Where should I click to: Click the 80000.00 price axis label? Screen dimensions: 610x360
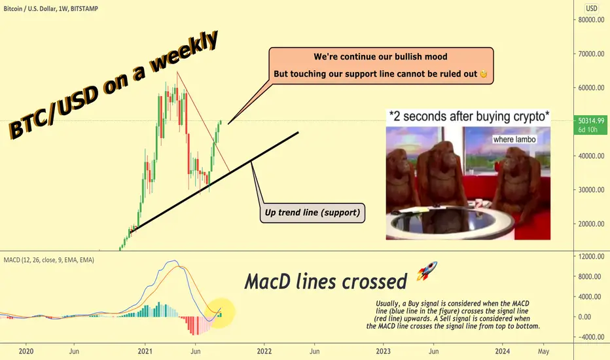pyautogui.click(x=591, y=20)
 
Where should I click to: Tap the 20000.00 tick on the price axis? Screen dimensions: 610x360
pyautogui.click(x=591, y=224)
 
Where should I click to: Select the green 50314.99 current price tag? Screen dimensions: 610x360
pyautogui.click(x=590, y=125)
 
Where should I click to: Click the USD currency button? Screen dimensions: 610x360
pyautogui.click(x=592, y=8)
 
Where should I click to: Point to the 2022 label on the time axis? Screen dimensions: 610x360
pyautogui.click(x=264, y=351)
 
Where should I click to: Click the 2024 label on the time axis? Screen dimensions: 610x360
pyautogui.click(x=502, y=351)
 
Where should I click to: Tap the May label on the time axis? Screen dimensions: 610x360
pyautogui.click(x=543, y=351)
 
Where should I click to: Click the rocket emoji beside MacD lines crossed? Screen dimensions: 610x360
pyautogui.click(x=427, y=271)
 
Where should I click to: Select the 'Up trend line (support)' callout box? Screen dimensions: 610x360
pyautogui.click(x=312, y=213)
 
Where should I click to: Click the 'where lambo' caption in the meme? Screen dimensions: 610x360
pyautogui.click(x=514, y=139)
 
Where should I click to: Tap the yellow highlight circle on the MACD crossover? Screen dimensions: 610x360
pyautogui.click(x=220, y=312)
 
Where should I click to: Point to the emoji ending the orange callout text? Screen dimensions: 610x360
pyautogui.click(x=483, y=74)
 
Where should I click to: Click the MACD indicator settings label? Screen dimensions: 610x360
pyautogui.click(x=49, y=260)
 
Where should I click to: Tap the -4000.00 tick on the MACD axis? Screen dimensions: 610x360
pyautogui.click(x=591, y=337)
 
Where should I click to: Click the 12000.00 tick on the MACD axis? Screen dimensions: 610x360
pyautogui.click(x=591, y=257)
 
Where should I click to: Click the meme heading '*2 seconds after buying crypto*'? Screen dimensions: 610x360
pyautogui.click(x=469, y=117)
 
